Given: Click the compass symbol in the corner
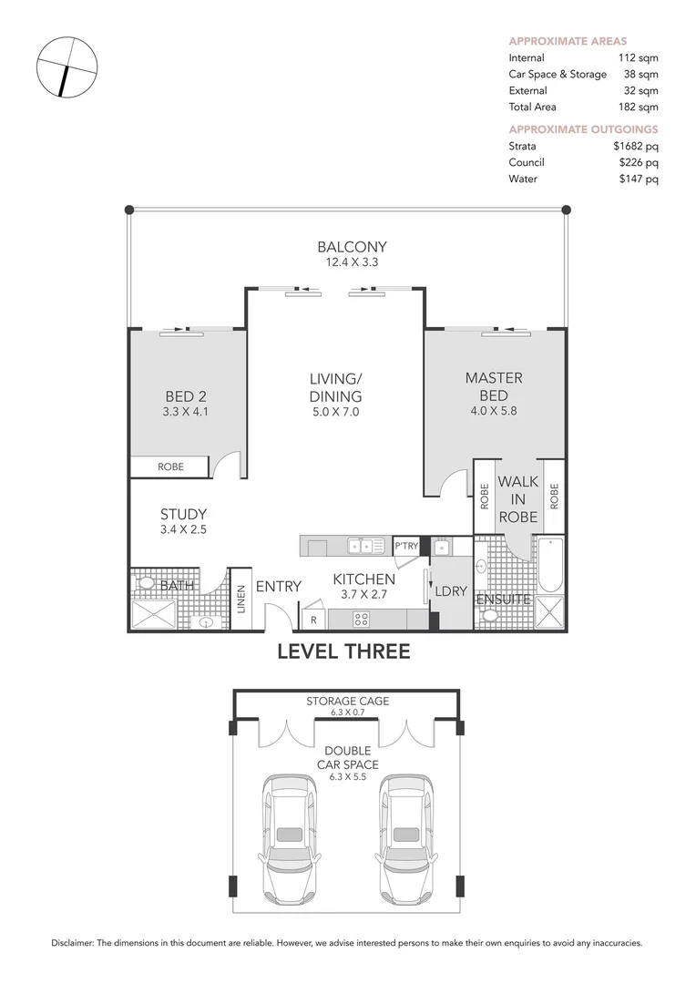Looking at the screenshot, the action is pos(67,67).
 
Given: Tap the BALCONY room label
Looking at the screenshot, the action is pos(352,247).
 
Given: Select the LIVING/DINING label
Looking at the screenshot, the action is pos(336,388).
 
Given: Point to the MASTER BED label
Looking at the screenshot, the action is pos(494,386).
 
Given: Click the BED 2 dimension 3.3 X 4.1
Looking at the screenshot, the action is pos(185,413).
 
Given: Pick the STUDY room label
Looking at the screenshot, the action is pos(183,514).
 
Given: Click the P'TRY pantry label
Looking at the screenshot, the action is pos(406,546).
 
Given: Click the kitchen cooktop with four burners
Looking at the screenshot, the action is pos(361,620).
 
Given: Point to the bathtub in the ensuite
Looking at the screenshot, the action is pos(551,565).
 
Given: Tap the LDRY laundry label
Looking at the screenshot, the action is pos(451,591).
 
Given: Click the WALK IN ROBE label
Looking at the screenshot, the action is pos(517,499).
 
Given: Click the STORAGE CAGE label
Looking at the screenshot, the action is pos(348,701).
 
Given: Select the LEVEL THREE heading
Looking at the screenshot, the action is pos(344,651).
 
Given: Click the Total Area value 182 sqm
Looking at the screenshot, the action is pos(639,107).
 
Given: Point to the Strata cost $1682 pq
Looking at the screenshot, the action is pos(636,146).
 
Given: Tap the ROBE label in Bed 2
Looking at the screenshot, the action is pos(170,466).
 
